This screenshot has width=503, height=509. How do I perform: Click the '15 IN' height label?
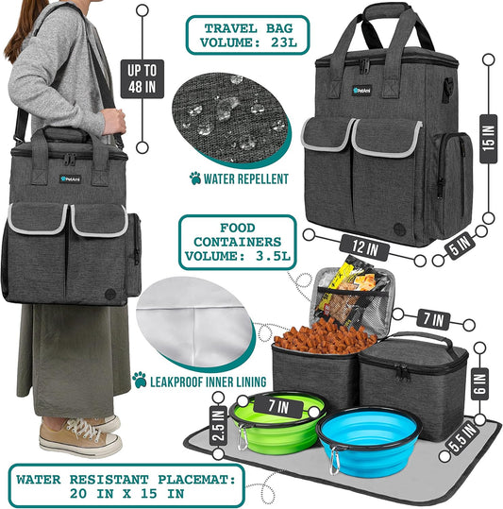pos(487,136)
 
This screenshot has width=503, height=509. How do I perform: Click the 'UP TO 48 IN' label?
pos(132,76)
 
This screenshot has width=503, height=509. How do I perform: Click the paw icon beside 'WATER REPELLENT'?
pos(195,178)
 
